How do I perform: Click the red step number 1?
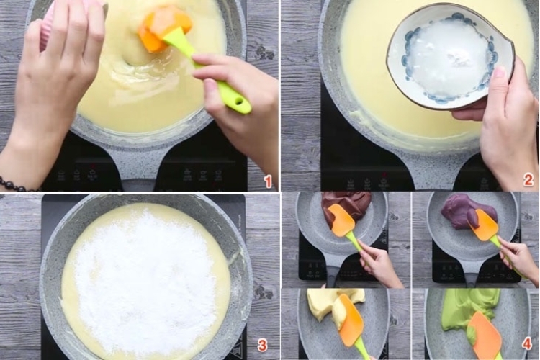pyautogui.click(x=268, y=181)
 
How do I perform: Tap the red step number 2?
pyautogui.click(x=528, y=180)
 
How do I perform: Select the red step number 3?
pyautogui.click(x=262, y=344)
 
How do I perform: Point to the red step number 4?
pyautogui.click(x=527, y=344)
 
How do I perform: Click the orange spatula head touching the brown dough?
pyautogui.click(x=342, y=220)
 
